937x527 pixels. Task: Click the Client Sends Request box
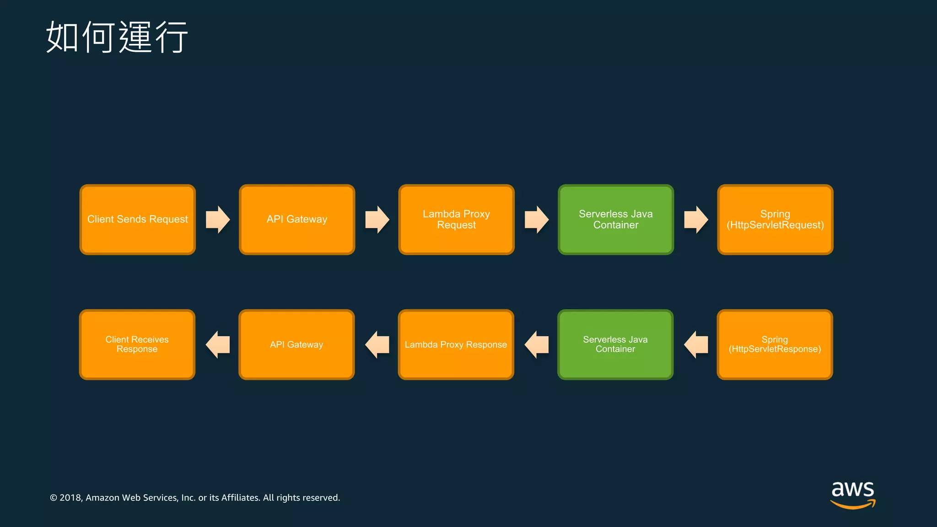[x=137, y=220]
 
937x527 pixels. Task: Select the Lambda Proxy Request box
[x=456, y=220]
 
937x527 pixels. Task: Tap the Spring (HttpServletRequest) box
[x=775, y=220]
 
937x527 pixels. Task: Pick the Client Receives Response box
[x=137, y=344]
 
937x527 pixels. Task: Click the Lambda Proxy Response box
[x=456, y=344]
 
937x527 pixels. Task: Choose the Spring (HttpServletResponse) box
[x=775, y=344]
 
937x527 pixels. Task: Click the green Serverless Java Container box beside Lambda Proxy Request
[x=615, y=220]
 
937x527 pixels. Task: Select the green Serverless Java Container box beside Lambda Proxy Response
[x=615, y=344]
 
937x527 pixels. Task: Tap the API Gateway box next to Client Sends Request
[x=297, y=220]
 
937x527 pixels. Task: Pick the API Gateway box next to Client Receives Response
[x=296, y=344]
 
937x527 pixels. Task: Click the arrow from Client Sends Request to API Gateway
[x=217, y=220]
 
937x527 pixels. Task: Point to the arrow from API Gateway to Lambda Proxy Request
[x=377, y=220]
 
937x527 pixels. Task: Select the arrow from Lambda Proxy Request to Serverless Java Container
[x=536, y=220]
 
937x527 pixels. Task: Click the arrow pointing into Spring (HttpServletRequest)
[x=696, y=220]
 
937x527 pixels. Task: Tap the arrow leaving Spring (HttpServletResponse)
[x=696, y=344]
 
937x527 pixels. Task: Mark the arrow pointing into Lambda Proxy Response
[x=536, y=344]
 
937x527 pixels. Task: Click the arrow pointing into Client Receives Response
[x=217, y=344]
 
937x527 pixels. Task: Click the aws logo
[x=853, y=494]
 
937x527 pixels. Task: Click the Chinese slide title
[x=117, y=37]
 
